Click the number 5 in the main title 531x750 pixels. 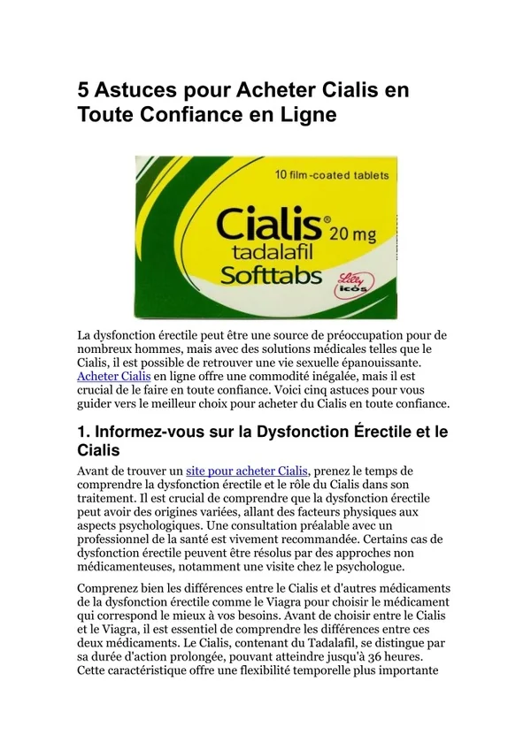click(84, 90)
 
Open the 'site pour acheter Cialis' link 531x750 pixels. click(246, 471)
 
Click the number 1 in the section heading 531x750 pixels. click(83, 432)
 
